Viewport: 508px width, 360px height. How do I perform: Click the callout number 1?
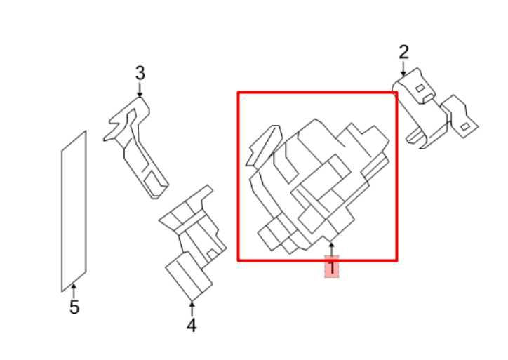(331, 268)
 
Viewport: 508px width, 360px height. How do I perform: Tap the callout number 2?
(403, 52)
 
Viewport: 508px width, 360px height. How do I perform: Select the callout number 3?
(140, 73)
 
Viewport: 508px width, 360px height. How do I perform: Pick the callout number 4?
(192, 326)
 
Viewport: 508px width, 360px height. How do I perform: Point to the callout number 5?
(74, 307)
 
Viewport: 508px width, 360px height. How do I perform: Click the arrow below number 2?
(403, 69)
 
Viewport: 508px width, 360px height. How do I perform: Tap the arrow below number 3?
(140, 90)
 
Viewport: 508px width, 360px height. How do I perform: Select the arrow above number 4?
(192, 309)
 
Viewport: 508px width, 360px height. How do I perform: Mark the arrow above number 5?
(74, 291)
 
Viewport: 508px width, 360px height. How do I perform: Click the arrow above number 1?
(331, 251)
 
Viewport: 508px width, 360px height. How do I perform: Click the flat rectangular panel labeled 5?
(74, 211)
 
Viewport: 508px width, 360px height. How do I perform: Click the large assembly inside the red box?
(319, 187)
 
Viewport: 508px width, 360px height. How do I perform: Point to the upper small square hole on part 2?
(420, 88)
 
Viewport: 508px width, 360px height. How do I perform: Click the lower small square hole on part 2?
(465, 127)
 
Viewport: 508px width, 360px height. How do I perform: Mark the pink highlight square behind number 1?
(332, 267)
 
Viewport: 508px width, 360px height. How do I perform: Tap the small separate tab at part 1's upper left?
(264, 146)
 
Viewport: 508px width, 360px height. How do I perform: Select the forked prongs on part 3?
(116, 126)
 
